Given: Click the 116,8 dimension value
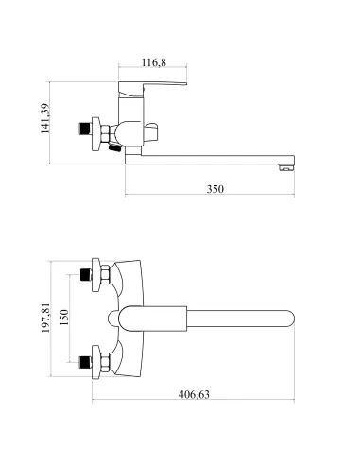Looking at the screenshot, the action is point(153,62).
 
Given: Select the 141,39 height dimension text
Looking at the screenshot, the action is point(45,118).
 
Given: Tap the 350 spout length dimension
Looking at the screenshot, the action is point(215,189).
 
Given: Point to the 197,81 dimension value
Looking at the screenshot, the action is point(45,319).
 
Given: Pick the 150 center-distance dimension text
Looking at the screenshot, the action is point(64,318).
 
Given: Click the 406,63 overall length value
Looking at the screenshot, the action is point(194,394).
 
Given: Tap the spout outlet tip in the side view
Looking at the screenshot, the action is point(286,168).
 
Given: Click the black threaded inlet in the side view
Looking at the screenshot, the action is point(84,129).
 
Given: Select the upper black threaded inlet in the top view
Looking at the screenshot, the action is point(85,275).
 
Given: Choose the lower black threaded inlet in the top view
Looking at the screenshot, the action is point(85,362).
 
